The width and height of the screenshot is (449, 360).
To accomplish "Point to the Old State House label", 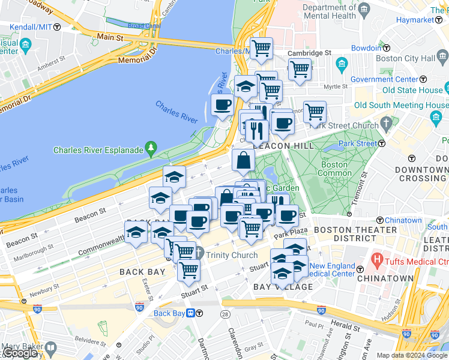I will tap(412, 90).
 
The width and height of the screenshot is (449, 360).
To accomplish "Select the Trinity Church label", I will tap(231, 255).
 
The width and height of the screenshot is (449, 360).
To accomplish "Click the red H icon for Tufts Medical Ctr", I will tap(377, 260).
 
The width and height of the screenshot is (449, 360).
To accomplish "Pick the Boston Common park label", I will tap(334, 169).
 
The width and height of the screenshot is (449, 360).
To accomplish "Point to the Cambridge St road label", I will tap(309, 53).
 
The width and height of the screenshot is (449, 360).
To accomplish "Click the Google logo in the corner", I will tap(20, 353).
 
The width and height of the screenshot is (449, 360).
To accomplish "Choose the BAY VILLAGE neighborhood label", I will tap(283, 287).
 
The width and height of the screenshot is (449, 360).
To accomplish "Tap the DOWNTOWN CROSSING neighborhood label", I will tap(421, 174).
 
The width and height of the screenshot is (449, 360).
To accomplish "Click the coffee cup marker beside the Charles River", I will tap(222, 105).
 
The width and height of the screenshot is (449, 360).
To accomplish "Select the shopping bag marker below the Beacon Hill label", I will tap(244, 160).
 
